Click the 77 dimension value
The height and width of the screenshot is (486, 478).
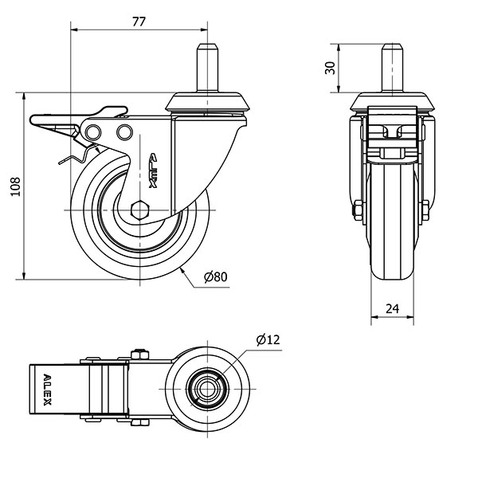(139, 22)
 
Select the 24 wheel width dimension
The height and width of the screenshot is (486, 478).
(393, 308)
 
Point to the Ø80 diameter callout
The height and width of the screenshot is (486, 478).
(215, 277)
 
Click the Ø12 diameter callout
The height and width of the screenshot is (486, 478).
(268, 340)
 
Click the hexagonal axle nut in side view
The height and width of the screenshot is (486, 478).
(140, 210)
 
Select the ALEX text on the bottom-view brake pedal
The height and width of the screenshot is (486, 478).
(47, 390)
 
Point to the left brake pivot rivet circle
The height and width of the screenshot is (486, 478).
(95, 130)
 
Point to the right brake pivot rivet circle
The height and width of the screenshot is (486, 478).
(123, 130)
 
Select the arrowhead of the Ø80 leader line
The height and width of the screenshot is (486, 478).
(183, 269)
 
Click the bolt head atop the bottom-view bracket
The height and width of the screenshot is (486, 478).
(142, 353)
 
